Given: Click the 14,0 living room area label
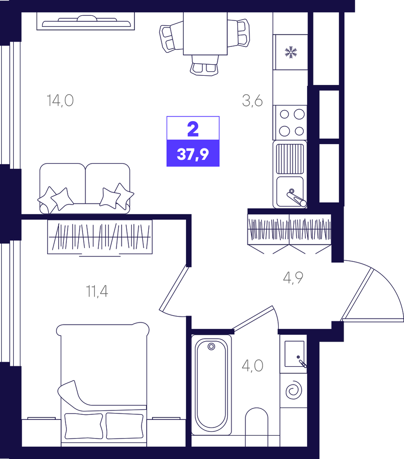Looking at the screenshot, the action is pos(60,100).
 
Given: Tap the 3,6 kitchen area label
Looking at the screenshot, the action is pos(253,100).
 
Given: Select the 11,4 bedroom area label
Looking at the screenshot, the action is pos(97,291).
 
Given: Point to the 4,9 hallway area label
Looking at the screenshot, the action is pos(293,277).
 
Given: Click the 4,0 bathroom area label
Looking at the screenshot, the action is pos(253,365).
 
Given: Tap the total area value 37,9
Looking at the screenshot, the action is pos(193,154).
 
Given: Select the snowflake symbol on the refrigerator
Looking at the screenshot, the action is pos(291,52).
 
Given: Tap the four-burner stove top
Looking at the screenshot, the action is pos(290,123).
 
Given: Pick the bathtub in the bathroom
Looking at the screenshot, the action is pos(211,385).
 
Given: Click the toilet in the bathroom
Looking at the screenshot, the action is pos(256,427).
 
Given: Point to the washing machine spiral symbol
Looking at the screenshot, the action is pos(293,390).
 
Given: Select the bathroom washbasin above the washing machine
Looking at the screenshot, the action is pos(294,354).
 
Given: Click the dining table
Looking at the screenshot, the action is pos(205,33).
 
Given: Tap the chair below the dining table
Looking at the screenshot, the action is pos(205,65).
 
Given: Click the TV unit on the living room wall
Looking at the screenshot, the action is pos(86,21).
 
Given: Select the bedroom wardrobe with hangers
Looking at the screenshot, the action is pos(100,237).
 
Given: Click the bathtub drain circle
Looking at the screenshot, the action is pos(211,347).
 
